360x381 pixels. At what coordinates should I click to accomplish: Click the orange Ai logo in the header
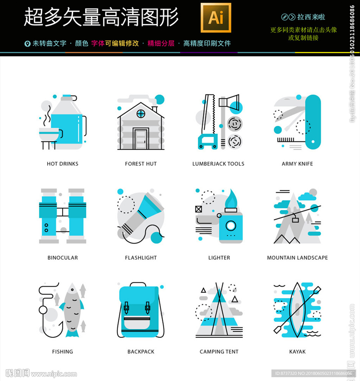click(x=216, y=18)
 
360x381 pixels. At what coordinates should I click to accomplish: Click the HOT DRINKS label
click(x=62, y=164)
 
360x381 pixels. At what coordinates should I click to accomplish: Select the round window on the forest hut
click(x=141, y=113)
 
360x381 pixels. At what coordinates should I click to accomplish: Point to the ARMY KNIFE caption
click(x=297, y=164)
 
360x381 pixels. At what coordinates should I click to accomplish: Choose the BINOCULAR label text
click(x=62, y=258)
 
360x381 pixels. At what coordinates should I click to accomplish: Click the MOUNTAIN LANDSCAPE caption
click(x=297, y=258)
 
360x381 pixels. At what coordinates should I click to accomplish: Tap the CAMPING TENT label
click(x=219, y=351)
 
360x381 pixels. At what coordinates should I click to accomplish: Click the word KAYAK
click(x=297, y=351)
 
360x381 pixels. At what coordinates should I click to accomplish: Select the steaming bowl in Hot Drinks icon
click(x=49, y=135)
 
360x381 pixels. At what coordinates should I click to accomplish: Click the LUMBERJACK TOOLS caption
click(x=218, y=164)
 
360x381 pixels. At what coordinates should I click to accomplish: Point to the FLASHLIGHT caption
click(x=141, y=258)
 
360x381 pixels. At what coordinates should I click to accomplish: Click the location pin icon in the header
click(x=27, y=44)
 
